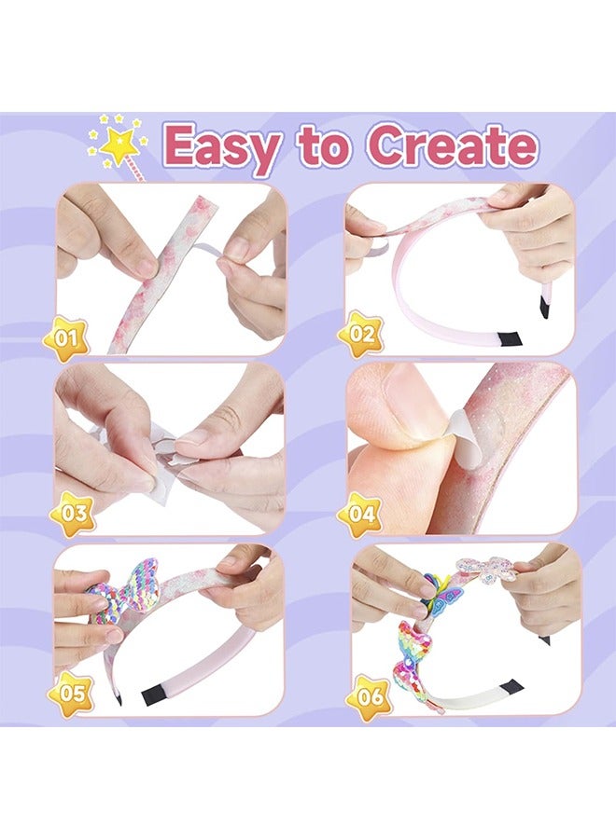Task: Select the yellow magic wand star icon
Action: pos(120,142)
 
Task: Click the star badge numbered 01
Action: pos(65,338)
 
